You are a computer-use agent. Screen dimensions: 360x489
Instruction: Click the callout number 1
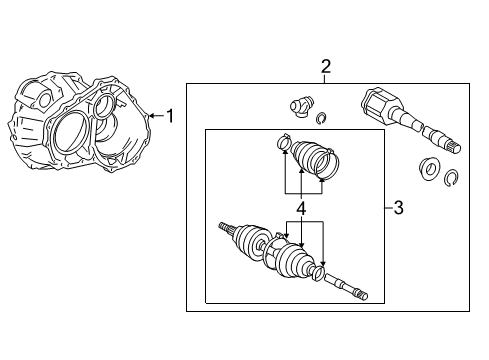coord(170,116)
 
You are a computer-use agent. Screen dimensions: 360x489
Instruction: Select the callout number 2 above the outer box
coord(325,67)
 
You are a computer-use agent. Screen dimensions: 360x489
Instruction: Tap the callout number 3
coord(398,208)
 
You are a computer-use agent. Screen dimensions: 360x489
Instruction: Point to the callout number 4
coord(300,210)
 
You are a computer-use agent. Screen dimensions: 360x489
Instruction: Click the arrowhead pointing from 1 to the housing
coord(150,116)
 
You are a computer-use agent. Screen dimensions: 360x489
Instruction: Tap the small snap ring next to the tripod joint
coord(321,121)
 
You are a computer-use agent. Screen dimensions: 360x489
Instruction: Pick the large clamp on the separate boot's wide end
coord(328,179)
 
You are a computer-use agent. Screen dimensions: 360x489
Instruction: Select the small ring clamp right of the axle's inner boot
coord(318,272)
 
